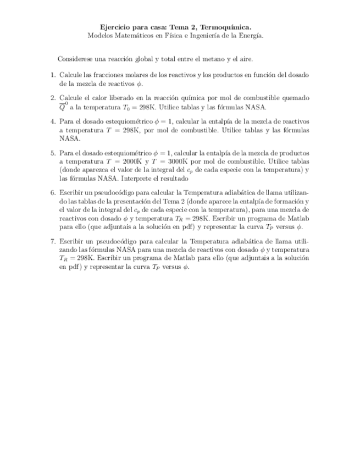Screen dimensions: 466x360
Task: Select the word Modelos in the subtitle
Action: tap(101, 35)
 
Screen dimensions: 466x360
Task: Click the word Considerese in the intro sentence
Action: tap(76, 59)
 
